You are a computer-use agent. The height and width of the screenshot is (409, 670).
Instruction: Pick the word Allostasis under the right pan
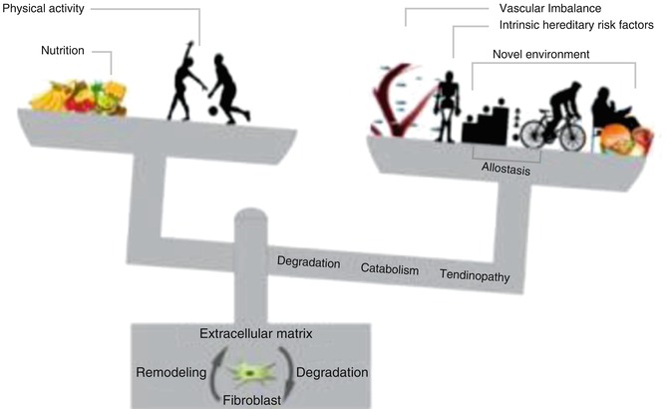tap(504, 170)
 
